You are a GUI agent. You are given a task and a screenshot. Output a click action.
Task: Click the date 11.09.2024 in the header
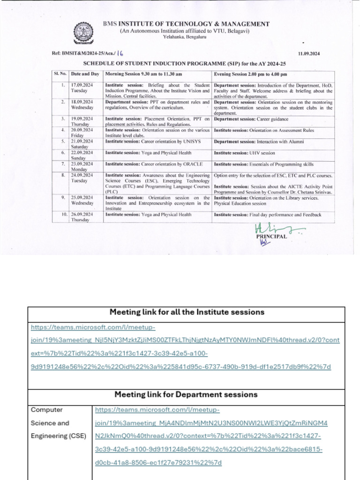click(x=308, y=54)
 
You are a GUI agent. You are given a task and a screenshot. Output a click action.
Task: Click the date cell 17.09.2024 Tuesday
click(x=82, y=88)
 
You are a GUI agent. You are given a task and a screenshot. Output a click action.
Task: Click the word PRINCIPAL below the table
click(x=271, y=237)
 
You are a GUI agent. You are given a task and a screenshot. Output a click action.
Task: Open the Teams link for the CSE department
click(x=209, y=436)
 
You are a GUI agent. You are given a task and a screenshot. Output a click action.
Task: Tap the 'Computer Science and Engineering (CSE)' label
click(x=59, y=423)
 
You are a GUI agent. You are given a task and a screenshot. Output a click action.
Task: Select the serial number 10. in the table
click(x=62, y=215)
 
